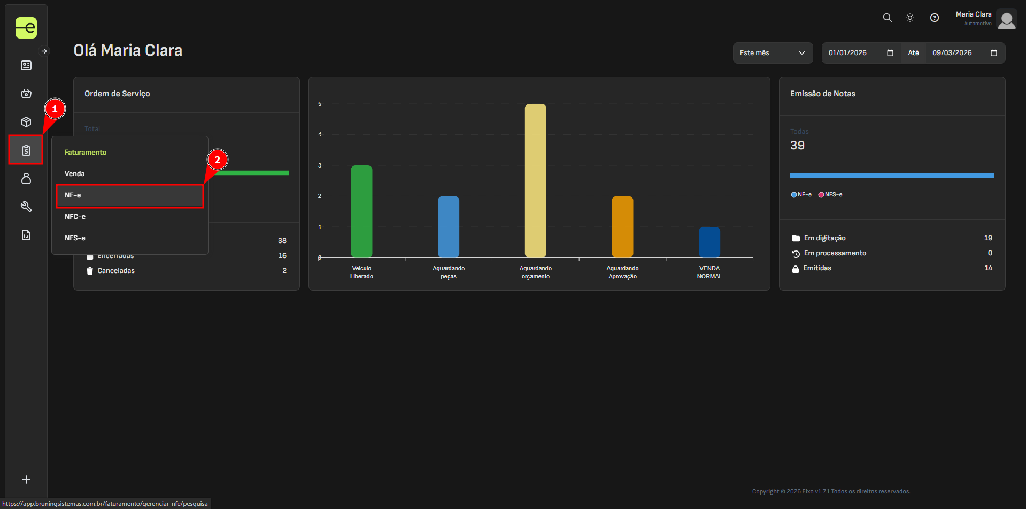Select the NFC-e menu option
(75, 217)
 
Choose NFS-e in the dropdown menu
(75, 238)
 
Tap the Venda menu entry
(75, 174)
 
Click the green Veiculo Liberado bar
(361, 211)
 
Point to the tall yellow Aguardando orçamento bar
(535, 181)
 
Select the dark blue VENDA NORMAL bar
(709, 242)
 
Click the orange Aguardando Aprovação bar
(622, 227)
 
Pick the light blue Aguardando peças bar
(449, 227)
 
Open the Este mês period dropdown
(773, 53)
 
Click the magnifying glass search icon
(887, 18)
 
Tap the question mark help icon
(935, 18)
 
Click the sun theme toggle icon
(910, 18)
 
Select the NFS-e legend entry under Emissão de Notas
(830, 195)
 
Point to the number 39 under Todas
(797, 146)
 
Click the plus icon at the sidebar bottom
(26, 480)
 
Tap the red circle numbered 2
(217, 159)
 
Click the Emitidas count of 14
(988, 268)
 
